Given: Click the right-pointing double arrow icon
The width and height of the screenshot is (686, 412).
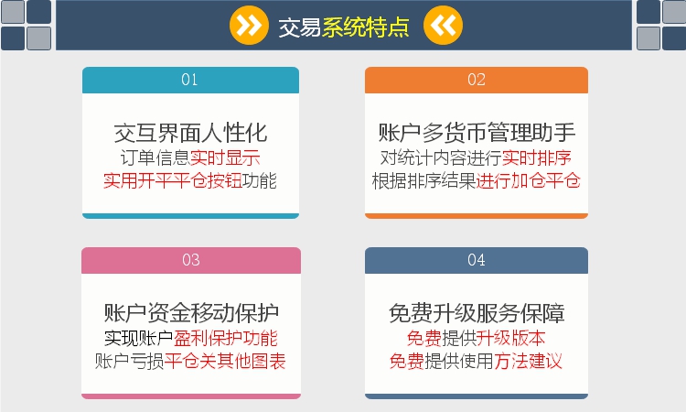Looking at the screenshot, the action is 249,26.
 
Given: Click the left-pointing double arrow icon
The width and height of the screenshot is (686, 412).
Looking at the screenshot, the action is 443,26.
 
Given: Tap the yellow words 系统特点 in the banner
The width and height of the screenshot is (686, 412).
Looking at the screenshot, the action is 366,27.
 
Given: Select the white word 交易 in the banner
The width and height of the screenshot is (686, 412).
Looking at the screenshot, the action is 300,27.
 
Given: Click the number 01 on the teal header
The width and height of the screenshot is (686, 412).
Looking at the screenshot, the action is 189,80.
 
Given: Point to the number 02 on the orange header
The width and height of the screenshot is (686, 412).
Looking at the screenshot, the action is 477,80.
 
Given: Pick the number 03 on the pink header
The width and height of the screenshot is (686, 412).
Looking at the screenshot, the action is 191,260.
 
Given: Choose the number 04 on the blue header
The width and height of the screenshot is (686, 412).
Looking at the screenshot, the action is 477,260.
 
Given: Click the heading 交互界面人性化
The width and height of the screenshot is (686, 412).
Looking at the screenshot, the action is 191,133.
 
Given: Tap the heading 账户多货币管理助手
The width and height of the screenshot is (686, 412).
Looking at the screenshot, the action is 477,133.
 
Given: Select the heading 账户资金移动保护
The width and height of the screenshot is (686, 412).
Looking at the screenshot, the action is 191,313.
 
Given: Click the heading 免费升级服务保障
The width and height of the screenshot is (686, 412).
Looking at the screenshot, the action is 477,313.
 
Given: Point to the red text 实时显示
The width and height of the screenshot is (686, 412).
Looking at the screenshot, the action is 225,158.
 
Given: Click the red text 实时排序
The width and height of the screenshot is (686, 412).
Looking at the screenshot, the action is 537,158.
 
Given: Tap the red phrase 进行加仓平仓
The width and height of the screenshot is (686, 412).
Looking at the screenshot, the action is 529,181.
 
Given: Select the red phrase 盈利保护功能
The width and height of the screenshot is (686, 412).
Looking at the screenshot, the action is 226,339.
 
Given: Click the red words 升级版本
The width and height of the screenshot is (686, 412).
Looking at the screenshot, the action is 511,339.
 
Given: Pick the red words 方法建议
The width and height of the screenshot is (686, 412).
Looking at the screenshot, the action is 529,362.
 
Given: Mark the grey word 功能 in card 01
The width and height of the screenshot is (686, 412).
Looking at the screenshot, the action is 260,181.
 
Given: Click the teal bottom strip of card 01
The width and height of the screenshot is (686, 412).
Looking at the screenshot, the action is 191,216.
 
